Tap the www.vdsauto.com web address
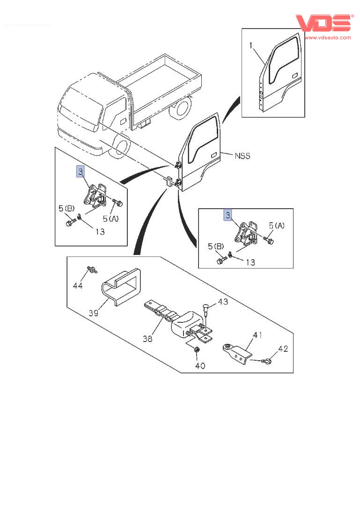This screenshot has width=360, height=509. pos(327,37)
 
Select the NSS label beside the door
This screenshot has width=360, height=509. pos(242,156)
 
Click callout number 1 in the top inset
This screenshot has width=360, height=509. pos(251,45)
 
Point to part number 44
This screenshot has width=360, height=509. pos(78,285)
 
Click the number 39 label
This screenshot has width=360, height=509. pos(93,313)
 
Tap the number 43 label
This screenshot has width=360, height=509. pos(222,302)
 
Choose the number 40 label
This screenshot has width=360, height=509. pos(200,365)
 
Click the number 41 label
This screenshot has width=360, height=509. pos(257,335)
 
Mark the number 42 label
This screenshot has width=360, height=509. pos(283,349)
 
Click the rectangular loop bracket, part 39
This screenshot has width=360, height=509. pos(121,286)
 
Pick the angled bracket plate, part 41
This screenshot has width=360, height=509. pos(236,351)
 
